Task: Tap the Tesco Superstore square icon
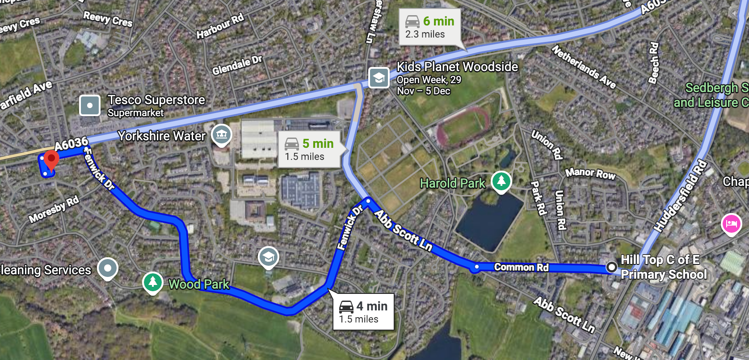tap(90, 106)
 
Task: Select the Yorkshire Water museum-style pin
tap(221, 134)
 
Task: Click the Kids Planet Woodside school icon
tap(379, 78)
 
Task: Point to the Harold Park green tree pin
tap(501, 181)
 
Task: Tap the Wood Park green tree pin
tap(152, 282)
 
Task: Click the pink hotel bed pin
tap(731, 223)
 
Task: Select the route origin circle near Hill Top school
tap(611, 267)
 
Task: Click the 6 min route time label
tap(430, 27)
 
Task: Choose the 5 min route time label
tap(309, 149)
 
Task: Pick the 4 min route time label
tap(363, 312)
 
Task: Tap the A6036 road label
tap(71, 144)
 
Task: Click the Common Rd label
tap(521, 267)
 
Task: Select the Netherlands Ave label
tap(584, 67)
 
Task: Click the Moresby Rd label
tap(54, 209)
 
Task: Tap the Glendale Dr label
tap(237, 65)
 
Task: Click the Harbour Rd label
tap(220, 26)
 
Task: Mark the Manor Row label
tap(590, 173)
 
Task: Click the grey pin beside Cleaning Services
tap(107, 268)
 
